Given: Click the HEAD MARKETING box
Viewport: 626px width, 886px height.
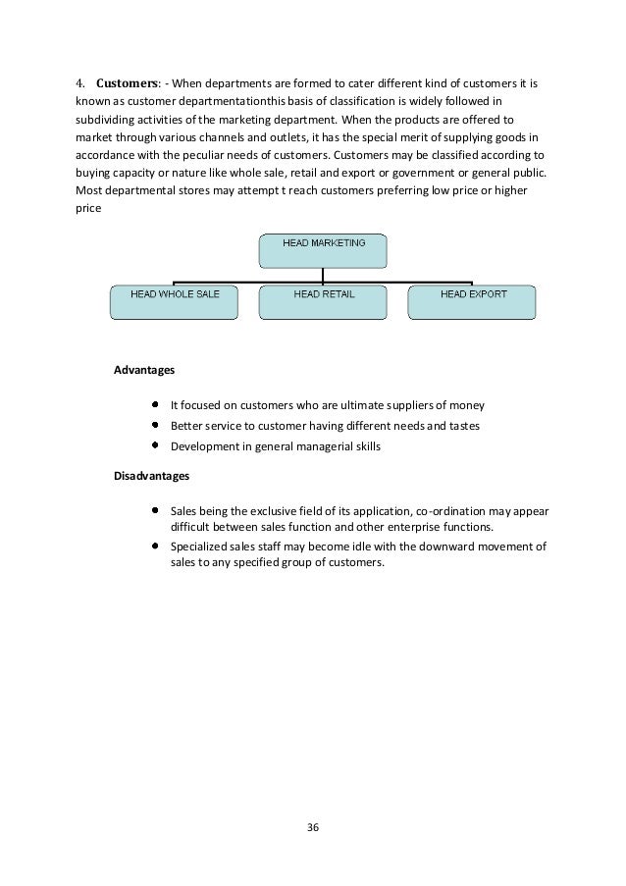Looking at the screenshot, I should [323, 250].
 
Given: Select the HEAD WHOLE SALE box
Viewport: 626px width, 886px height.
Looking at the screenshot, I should [174, 302].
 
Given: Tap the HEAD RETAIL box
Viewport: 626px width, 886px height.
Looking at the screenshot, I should [323, 302].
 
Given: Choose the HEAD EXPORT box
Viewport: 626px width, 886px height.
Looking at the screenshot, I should [472, 302].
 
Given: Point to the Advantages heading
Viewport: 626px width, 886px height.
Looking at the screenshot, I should [143, 371].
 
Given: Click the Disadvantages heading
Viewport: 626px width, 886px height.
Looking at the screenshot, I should [152, 476].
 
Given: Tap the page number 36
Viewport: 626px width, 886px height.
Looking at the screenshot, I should [313, 826].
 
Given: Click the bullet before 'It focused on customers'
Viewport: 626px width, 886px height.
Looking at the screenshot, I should [156, 404].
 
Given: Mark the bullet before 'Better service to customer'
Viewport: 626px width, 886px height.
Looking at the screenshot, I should [156, 425].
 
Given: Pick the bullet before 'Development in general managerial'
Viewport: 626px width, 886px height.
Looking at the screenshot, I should [156, 445].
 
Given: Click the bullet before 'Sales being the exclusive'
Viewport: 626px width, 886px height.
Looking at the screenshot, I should [156, 510].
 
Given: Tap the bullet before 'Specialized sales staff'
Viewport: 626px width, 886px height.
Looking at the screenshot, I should [156, 546].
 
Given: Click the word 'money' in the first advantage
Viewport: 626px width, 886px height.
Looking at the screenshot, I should [467, 405].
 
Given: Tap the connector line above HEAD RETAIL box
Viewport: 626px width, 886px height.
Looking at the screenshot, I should [323, 278].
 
